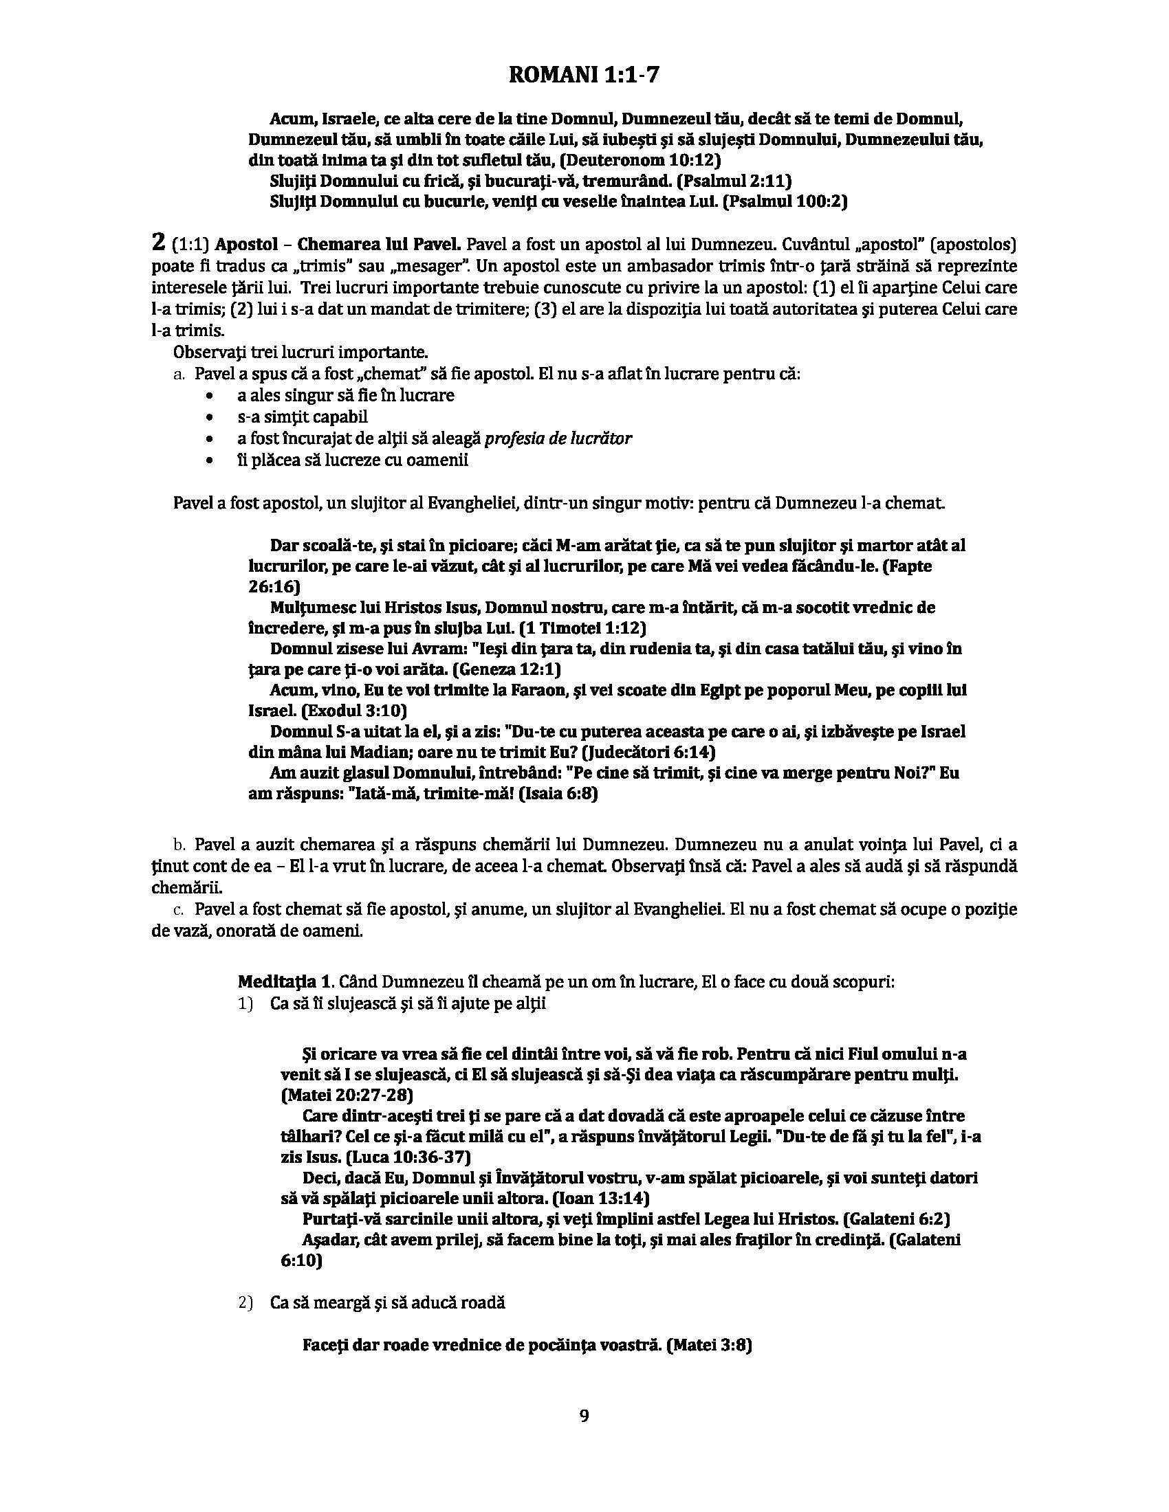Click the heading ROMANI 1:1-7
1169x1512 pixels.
[584, 75]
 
